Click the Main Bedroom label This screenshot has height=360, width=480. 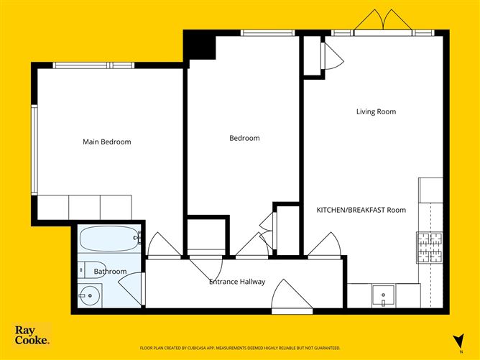tap(107, 142)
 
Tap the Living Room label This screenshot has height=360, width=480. tap(376, 111)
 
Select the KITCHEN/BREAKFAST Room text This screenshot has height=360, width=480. tap(361, 210)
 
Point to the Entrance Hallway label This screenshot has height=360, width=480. tap(237, 281)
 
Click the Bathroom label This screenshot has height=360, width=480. tap(110, 271)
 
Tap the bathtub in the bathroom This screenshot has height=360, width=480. tap(109, 236)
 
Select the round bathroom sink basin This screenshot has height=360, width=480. tap(89, 294)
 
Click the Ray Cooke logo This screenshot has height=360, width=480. tap(32, 336)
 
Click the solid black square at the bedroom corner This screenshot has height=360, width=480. tap(200, 45)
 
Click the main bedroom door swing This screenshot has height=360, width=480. tap(164, 244)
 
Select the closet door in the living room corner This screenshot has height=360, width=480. tap(331, 55)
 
